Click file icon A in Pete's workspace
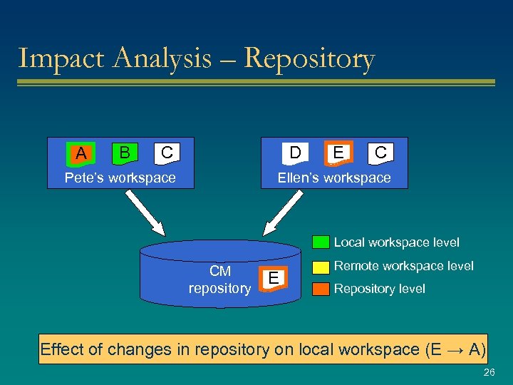click(81, 153)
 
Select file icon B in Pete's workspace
click(125, 152)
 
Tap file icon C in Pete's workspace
click(167, 152)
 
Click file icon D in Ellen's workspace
click(294, 152)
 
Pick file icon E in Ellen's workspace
click(338, 152)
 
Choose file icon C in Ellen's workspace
click(380, 152)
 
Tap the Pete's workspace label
click(120, 178)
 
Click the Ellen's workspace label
click(334, 178)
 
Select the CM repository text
click(219, 279)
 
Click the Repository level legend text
click(379, 289)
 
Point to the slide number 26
click(489, 373)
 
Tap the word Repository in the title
click(309, 58)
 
